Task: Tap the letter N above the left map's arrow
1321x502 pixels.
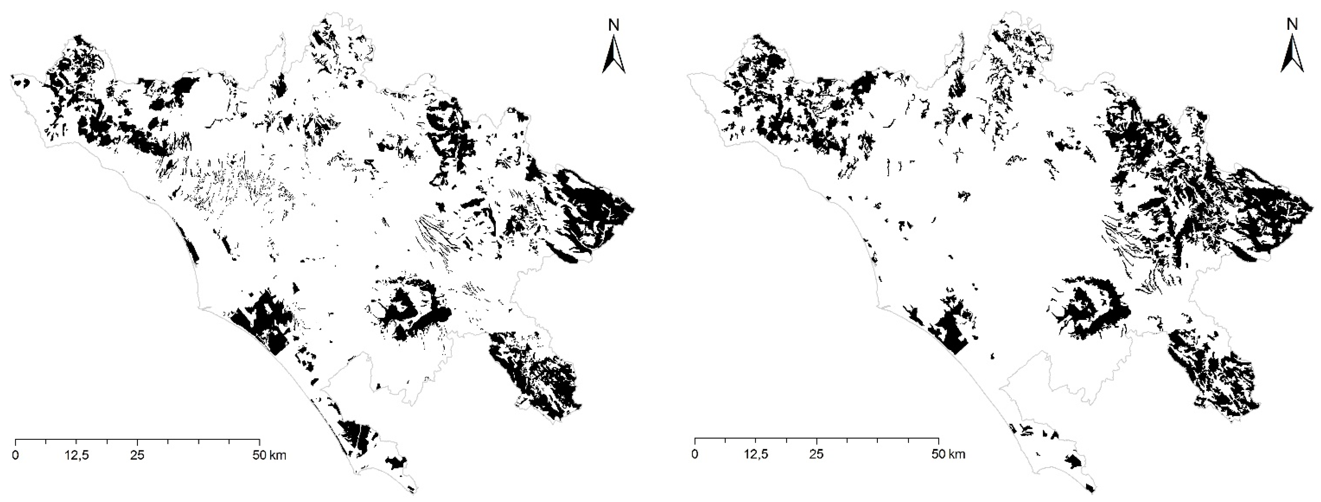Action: [614, 25]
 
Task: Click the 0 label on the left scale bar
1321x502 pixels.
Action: [16, 455]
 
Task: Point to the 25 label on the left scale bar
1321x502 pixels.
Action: [138, 455]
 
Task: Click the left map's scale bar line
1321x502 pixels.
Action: [138, 440]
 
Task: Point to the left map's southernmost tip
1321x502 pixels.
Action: [414, 492]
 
